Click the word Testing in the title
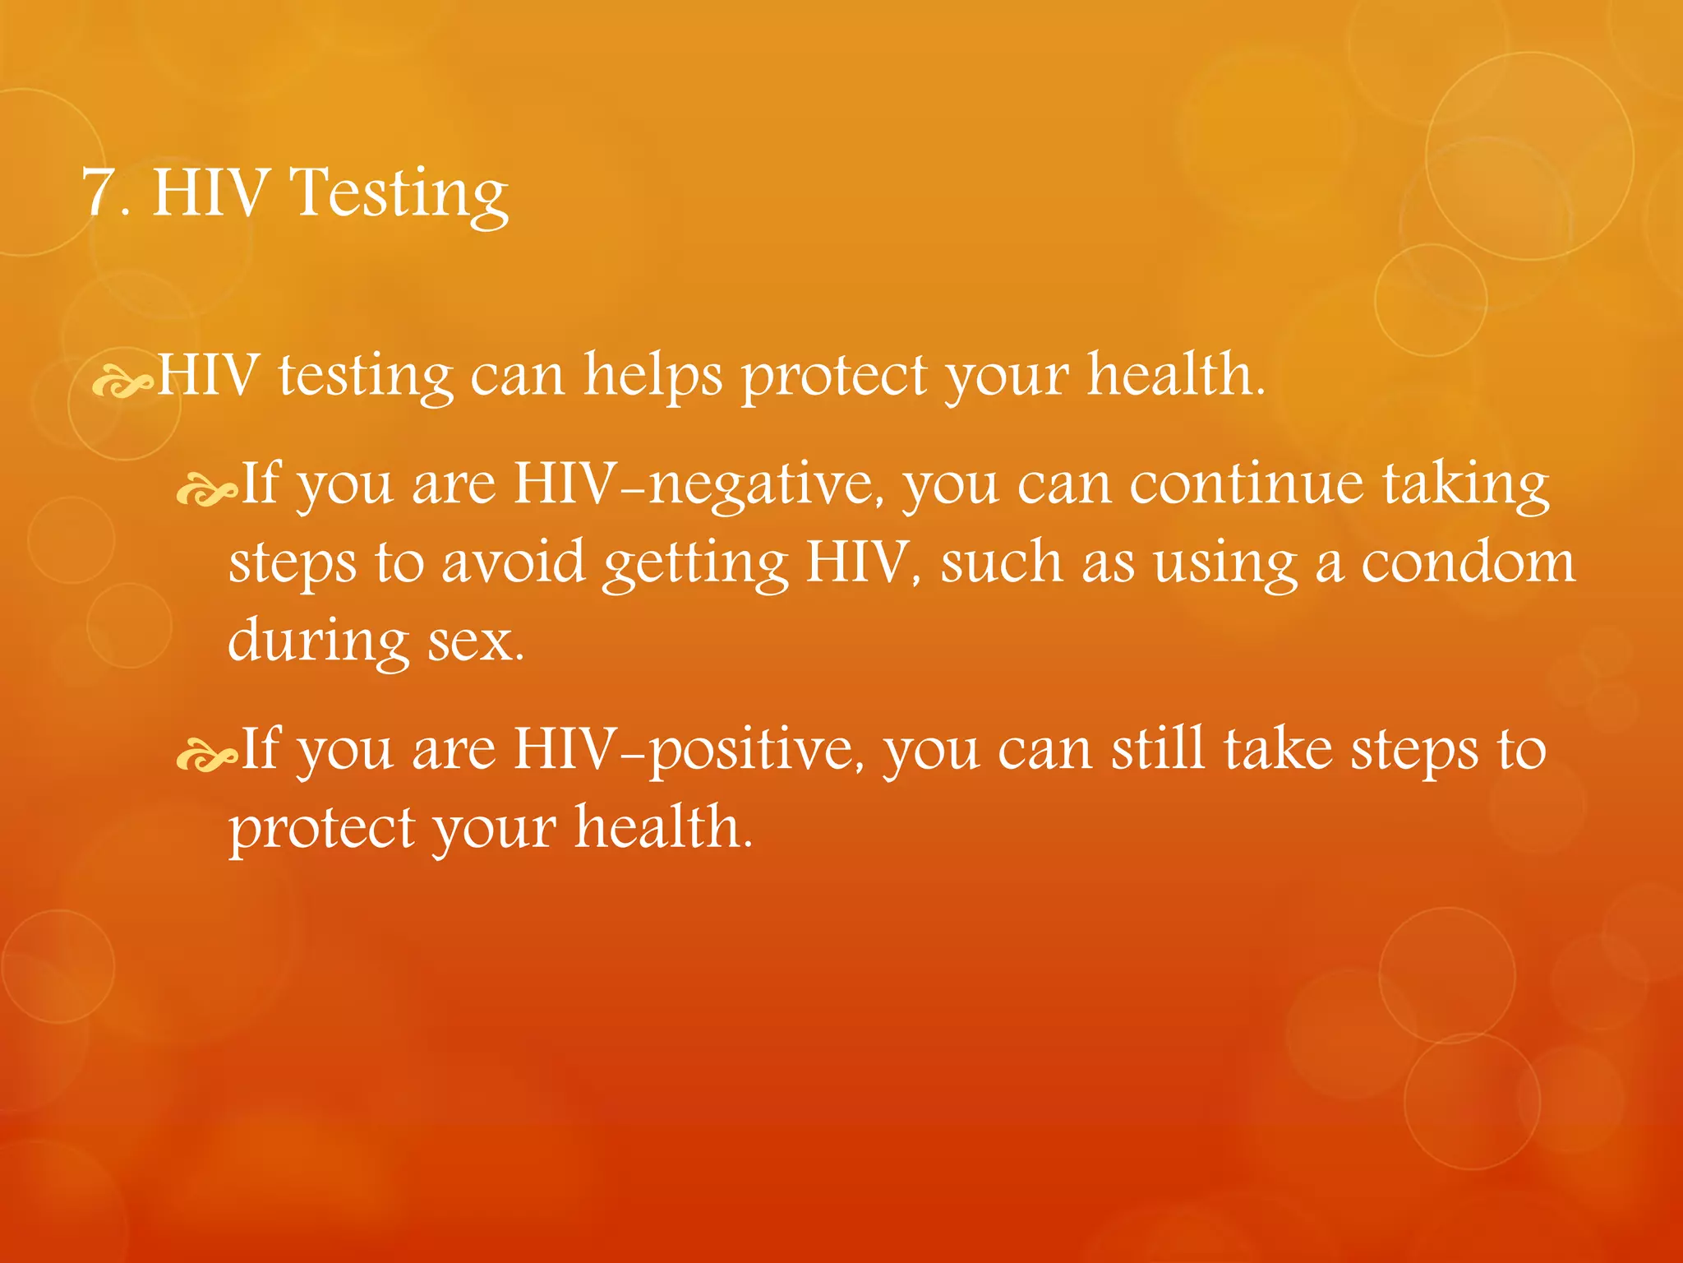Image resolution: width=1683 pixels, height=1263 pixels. click(x=400, y=195)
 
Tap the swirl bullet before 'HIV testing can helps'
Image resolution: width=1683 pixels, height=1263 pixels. click(x=122, y=383)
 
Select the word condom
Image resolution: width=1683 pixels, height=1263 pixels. click(x=1469, y=563)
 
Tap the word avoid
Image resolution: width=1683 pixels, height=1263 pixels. click(x=514, y=563)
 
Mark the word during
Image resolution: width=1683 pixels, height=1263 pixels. click(x=318, y=641)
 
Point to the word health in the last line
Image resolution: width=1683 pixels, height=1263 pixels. click(x=662, y=827)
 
